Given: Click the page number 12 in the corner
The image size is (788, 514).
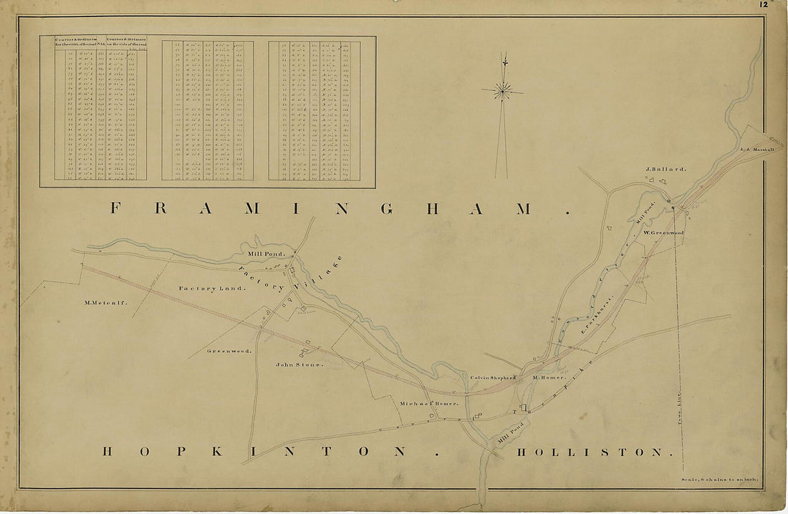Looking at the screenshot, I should [764, 4].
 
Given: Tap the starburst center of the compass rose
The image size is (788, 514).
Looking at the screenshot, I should [504, 90].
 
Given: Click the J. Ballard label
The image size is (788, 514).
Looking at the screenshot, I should [666, 170].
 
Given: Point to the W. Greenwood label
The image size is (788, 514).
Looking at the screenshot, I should [663, 233].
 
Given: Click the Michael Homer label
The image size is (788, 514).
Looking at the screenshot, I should [428, 404].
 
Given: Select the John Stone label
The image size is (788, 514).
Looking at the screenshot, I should [299, 364].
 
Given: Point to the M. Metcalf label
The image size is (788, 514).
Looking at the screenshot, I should [105, 302].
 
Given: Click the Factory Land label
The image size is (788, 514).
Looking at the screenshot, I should [212, 288].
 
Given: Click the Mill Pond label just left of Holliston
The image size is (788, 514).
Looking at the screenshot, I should [511, 432].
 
